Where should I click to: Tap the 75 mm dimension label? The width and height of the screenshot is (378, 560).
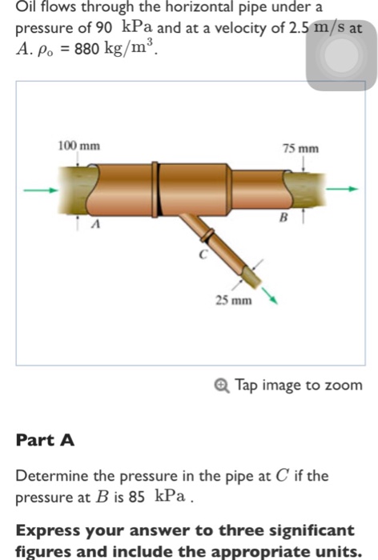(x=301, y=149)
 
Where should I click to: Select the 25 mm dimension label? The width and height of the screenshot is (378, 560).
(x=233, y=300)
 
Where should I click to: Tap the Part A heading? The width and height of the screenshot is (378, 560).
(x=45, y=439)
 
